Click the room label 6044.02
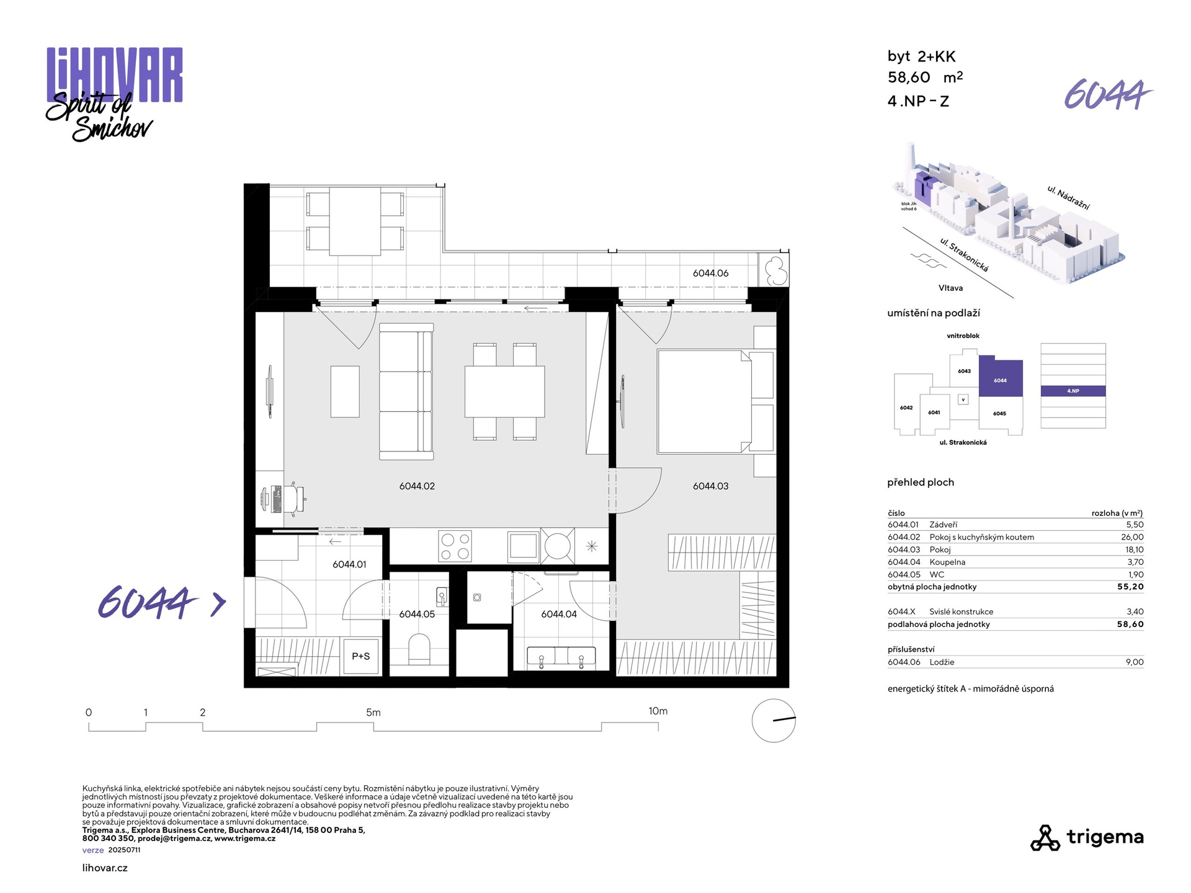[417, 486]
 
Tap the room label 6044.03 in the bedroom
[710, 486]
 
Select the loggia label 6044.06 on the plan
[710, 273]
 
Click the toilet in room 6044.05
[419, 647]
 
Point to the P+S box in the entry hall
[361, 656]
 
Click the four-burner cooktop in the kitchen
[455, 546]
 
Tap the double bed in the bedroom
[705, 401]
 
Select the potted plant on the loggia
[775, 271]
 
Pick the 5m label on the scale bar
[373, 713]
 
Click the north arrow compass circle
[774, 721]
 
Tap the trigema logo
[1087, 838]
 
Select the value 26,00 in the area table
[1132, 537]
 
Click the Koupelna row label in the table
[947, 562]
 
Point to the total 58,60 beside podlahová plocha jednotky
[1130, 624]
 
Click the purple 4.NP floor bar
[1073, 391]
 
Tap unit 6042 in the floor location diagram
[906, 408]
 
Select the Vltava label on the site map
[950, 288]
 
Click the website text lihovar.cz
[105, 868]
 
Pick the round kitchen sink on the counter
[557, 546]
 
